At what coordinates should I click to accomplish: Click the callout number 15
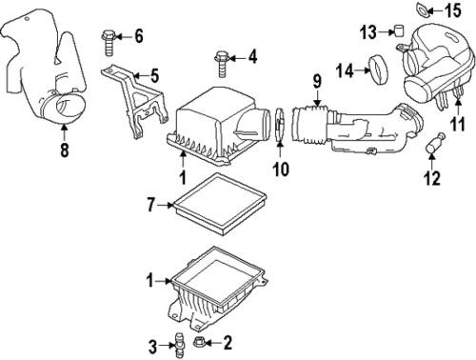453,10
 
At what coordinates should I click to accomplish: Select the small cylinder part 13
399,30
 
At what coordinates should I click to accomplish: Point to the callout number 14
345,70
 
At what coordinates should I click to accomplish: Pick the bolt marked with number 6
109,43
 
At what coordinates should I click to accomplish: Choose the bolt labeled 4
222,64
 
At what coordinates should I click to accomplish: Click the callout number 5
154,76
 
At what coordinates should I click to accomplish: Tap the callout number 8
65,150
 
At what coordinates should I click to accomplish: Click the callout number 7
150,205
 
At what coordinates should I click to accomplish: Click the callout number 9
317,81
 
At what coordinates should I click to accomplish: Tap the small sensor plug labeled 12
435,144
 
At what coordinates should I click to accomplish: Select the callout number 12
432,178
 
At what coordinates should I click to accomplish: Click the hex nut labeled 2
199,342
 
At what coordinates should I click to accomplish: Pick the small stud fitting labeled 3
180,345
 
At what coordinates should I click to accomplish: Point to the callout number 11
458,124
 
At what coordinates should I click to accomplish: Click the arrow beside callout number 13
387,31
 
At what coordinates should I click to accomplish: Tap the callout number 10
281,169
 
